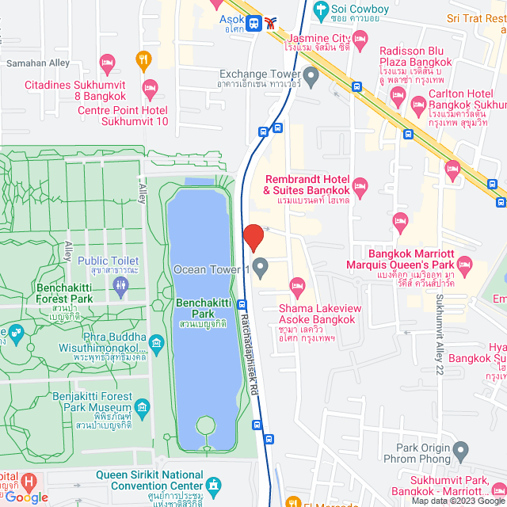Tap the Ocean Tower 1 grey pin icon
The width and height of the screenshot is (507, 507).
pos(260,265)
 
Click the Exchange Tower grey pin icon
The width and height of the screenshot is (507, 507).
pos(311,77)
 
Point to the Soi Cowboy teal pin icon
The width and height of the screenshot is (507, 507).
pos(320,10)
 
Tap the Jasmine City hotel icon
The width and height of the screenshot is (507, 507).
pos(360,37)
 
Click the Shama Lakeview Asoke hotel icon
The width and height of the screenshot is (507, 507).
pos(298,284)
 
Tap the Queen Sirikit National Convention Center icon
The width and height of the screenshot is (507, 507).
pos(213,484)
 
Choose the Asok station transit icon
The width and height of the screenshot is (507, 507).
pos(254,23)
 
